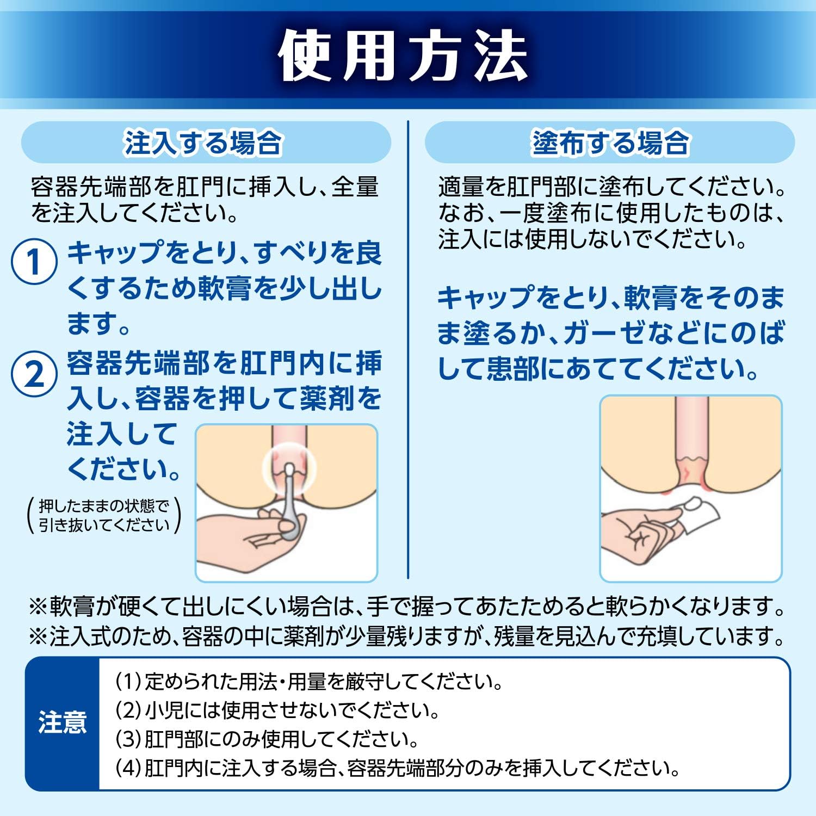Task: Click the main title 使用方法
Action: pyautogui.click(x=403, y=56)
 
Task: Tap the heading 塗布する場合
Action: pyautogui.click(x=610, y=143)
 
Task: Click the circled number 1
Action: pyautogui.click(x=34, y=262)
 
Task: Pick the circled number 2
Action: pyautogui.click(x=34, y=374)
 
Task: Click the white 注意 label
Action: pyautogui.click(x=62, y=723)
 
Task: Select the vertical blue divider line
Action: pyautogui.click(x=408, y=350)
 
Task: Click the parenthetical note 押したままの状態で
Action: pyautogui.click(x=104, y=506)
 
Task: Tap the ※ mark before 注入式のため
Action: pyautogui.click(x=39, y=636)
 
